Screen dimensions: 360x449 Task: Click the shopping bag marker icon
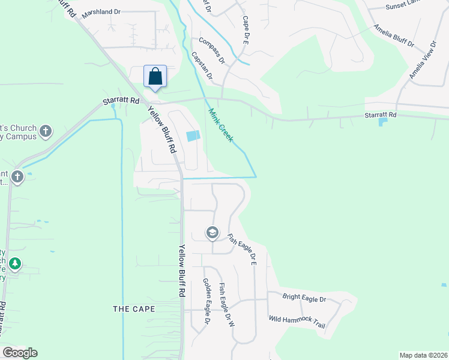(155, 77)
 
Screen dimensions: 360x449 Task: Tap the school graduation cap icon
(212, 232)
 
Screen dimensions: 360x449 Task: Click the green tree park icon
(15, 263)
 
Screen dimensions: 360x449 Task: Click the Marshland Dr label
(101, 13)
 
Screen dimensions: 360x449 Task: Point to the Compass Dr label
(212, 51)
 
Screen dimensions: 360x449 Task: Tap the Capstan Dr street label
(202, 65)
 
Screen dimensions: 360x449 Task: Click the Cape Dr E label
(246, 30)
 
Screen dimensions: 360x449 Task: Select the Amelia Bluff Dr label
(394, 35)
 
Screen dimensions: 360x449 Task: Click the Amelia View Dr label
(423, 60)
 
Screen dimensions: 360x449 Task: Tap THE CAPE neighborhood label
(134, 309)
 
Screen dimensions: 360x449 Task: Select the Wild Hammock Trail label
(297, 322)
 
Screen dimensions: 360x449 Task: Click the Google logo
(20, 353)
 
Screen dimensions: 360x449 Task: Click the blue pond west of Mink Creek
(192, 136)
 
